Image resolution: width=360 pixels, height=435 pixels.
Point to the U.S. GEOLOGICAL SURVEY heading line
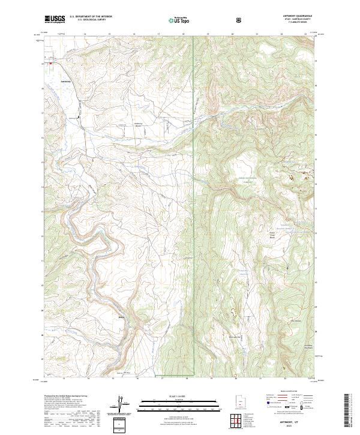(90, 19)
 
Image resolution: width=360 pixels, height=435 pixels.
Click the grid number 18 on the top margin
(183, 34)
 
